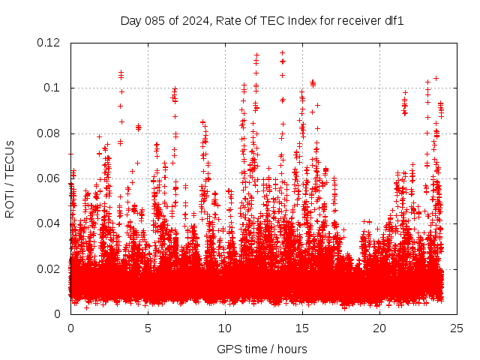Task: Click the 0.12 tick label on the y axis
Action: [x=50, y=43]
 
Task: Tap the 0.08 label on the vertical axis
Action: [x=50, y=133]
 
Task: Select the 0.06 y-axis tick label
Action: [x=50, y=178]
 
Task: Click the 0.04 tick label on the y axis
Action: [x=50, y=223]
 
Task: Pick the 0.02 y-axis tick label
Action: [x=50, y=268]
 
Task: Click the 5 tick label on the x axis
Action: [x=148, y=328]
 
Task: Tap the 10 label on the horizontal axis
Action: [x=225, y=328]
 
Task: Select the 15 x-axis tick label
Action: [x=302, y=328]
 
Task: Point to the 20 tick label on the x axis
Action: [x=379, y=328]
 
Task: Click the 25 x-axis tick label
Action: [x=457, y=328]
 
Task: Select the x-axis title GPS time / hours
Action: [x=263, y=349]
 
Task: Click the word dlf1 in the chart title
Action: [x=394, y=21]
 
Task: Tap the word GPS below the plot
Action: [x=228, y=349]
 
